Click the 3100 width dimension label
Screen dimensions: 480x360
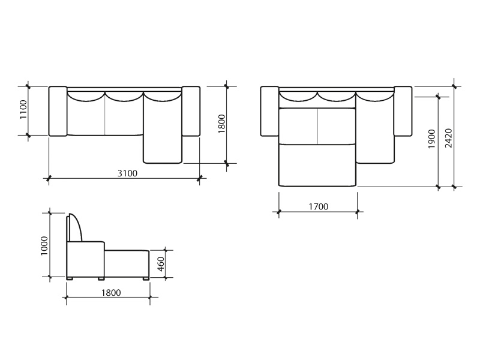[x=127, y=173]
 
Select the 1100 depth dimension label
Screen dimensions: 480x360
[x=23, y=110]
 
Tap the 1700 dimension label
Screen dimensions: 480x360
[x=318, y=206]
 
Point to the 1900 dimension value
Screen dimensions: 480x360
[x=431, y=139]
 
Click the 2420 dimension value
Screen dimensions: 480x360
[x=448, y=138]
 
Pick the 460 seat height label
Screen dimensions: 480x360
[x=161, y=264]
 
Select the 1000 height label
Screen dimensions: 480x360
[x=44, y=246]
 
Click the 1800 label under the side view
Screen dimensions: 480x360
[x=111, y=293]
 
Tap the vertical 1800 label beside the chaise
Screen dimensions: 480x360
[x=221, y=124]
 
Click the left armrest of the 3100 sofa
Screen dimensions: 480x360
[x=58, y=111]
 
